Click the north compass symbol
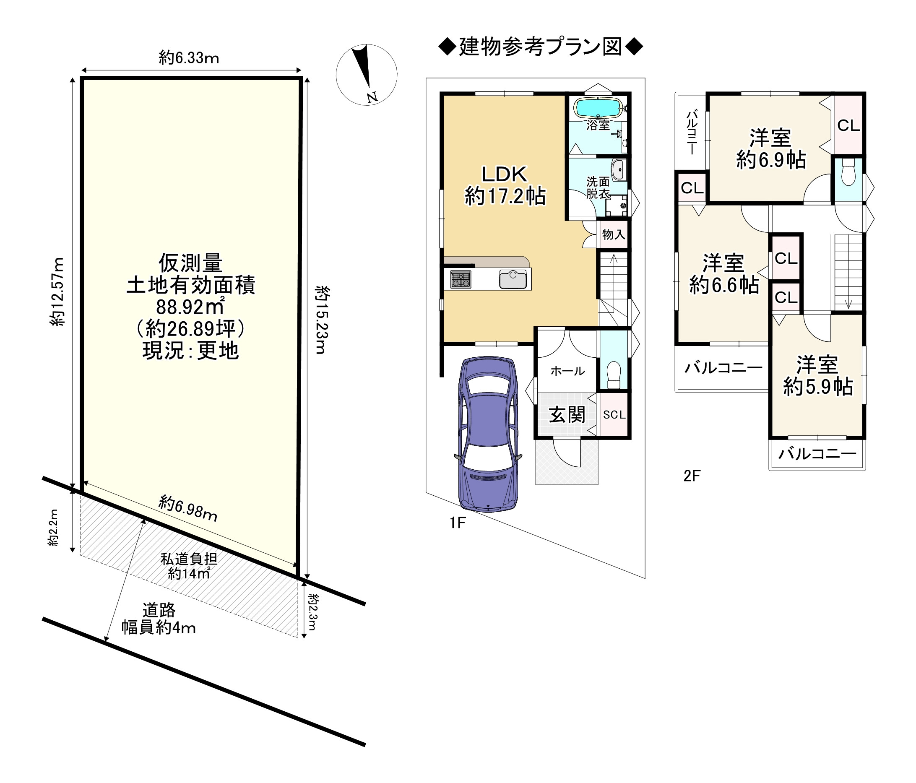[x=366, y=75]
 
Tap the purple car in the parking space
[x=488, y=434]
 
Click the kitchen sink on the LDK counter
[x=513, y=279]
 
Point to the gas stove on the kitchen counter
[x=460, y=279]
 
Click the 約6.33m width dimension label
[x=189, y=58]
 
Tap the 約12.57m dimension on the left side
[x=57, y=292]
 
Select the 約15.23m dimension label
[x=322, y=320]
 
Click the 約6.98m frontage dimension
[x=188, y=508]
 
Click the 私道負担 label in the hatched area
[x=189, y=559]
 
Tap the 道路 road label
[x=159, y=610]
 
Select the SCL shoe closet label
[x=614, y=414]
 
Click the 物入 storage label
[x=614, y=234]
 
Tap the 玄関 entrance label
[x=567, y=415]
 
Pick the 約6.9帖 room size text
[x=771, y=160]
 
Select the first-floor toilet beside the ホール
[x=614, y=375]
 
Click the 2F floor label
[x=692, y=476]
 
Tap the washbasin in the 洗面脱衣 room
[x=618, y=170]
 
